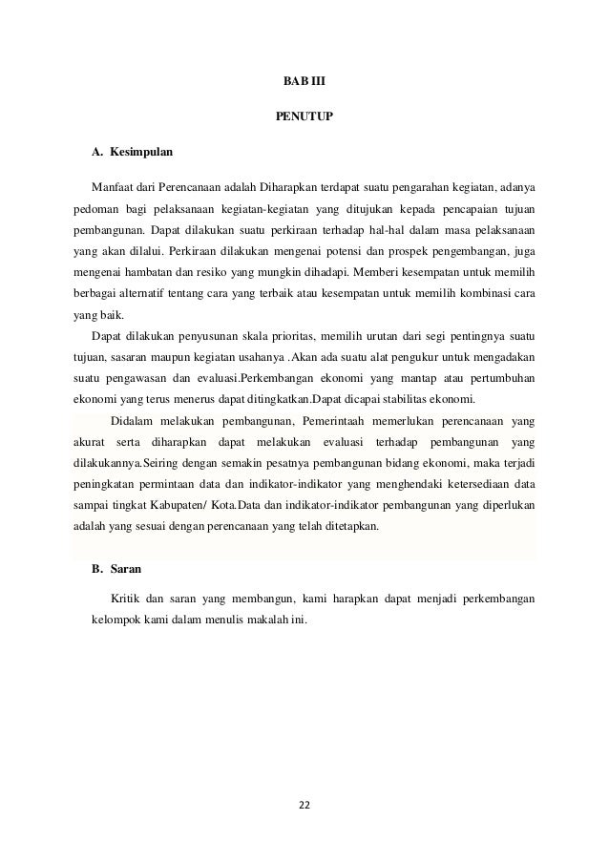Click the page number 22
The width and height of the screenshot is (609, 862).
pos(304,806)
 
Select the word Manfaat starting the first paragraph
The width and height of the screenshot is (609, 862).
pos(112,184)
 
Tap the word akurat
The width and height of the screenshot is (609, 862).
pos(91,443)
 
